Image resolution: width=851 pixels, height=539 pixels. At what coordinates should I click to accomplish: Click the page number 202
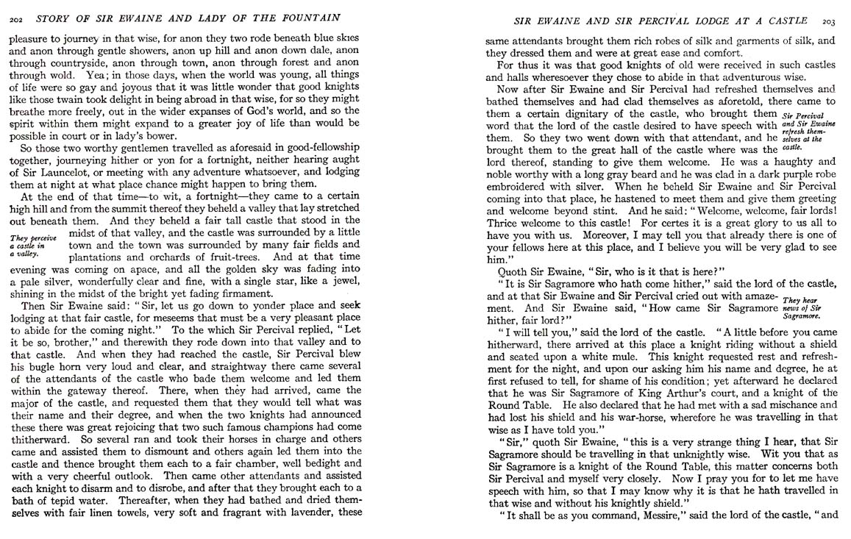click(x=14, y=18)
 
